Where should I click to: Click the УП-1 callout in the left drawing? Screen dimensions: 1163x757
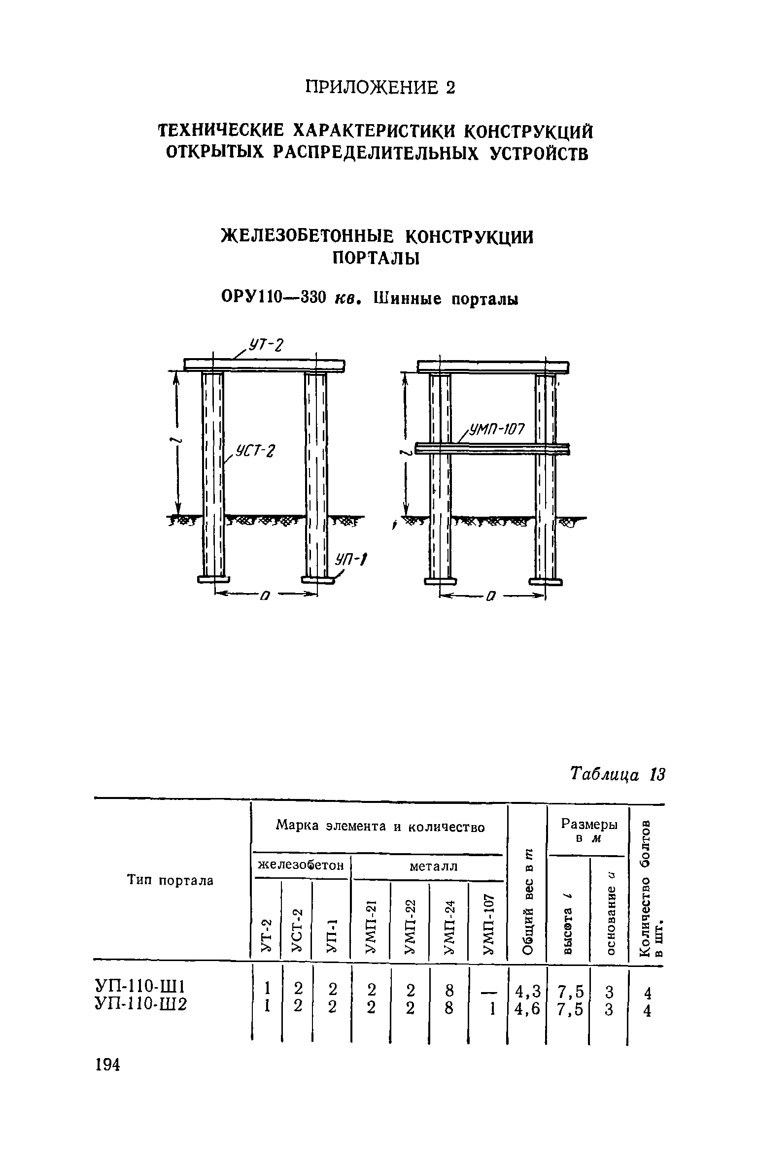(x=352, y=559)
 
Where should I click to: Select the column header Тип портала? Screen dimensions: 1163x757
(x=171, y=881)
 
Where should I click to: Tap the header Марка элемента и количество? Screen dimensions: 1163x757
(x=380, y=826)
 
